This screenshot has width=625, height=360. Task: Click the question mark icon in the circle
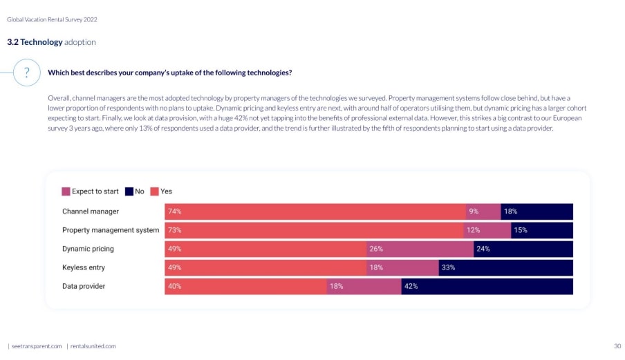(26, 73)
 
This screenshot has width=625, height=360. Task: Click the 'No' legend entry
(135, 191)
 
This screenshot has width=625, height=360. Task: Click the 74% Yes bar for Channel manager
(315, 211)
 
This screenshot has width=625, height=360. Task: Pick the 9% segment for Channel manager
(483, 211)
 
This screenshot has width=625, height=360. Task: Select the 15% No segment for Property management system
(542, 230)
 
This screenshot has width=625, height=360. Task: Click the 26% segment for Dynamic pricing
(420, 249)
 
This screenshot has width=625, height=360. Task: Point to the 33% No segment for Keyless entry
(505, 267)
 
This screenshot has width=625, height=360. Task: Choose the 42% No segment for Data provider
(487, 286)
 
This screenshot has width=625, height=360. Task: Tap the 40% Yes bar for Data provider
(245, 286)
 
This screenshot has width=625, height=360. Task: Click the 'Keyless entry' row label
(84, 267)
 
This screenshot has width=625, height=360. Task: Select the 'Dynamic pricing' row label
(88, 249)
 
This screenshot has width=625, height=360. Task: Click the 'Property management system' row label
(111, 230)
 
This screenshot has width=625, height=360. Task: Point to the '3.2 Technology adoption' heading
(51, 42)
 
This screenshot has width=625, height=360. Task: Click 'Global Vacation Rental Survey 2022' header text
(52, 19)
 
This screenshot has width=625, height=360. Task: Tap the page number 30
(617, 345)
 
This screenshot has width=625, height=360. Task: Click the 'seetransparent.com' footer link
(37, 345)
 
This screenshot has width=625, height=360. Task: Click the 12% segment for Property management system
(487, 230)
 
